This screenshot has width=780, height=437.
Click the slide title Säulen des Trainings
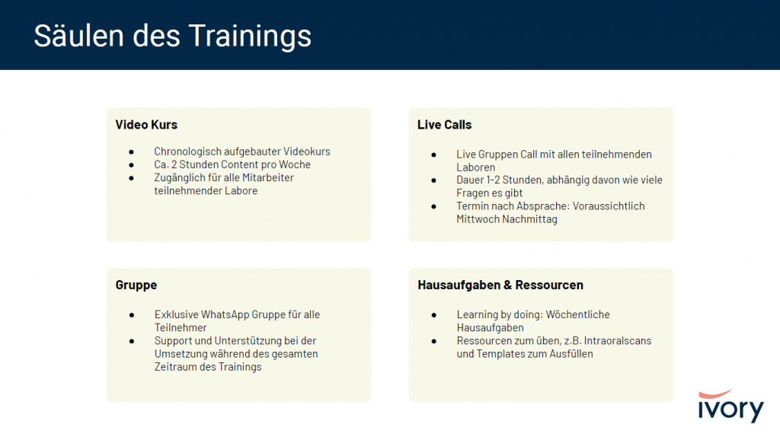point(173,37)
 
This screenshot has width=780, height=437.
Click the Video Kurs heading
point(146,125)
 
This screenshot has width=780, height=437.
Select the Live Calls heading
point(444,125)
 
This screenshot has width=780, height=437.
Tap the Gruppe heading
point(136,285)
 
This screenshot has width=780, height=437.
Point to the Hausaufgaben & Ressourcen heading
point(500,285)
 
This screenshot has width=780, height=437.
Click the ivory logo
point(730,406)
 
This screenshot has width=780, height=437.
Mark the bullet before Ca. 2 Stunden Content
point(131,165)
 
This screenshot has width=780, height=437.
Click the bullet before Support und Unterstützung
point(132,342)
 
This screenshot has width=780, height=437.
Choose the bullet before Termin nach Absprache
point(433,207)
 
